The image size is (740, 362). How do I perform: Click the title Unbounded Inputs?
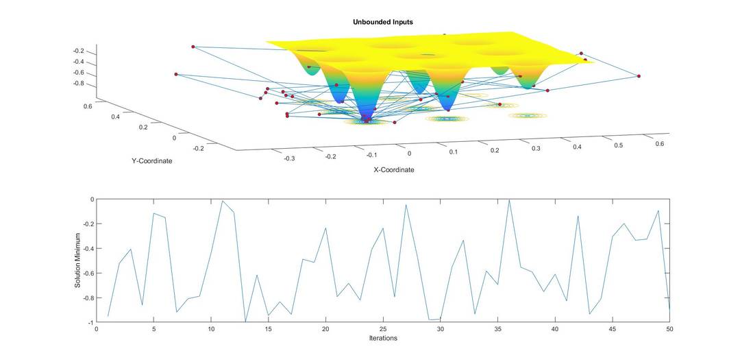pos(382,22)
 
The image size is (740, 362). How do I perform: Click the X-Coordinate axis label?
pos(393,170)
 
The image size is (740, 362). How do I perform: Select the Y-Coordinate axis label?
pos(151,161)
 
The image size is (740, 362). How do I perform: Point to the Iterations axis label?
pos(382,338)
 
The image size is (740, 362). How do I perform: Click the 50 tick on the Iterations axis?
pos(669,329)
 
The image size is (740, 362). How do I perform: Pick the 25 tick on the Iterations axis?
pos(383,329)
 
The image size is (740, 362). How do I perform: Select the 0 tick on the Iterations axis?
pos(97,329)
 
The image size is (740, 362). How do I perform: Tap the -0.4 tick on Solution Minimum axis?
pos(87,248)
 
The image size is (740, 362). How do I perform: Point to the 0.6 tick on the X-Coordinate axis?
pos(659,144)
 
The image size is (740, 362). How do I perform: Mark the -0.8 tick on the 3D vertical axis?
pos(78,84)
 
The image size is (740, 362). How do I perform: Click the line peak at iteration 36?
pos(509,200)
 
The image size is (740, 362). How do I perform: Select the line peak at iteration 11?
pos(223,201)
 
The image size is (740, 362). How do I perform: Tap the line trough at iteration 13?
pos(245,322)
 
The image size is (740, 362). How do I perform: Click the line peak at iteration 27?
pos(406,204)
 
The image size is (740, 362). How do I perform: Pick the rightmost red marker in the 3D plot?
pos(639,76)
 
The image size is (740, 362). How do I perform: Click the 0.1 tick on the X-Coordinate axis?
pos(453,152)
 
